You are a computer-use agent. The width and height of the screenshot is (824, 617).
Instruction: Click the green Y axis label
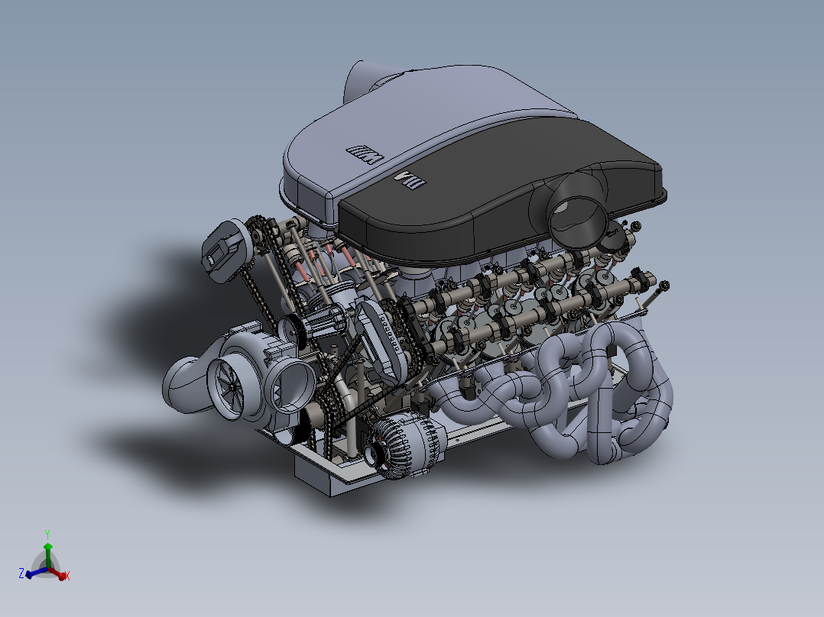tap(47, 535)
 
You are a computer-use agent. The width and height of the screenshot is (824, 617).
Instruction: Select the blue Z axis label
tap(21, 573)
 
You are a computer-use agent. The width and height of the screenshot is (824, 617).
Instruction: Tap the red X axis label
tap(67, 576)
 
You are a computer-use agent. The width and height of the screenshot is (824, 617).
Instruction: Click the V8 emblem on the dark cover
tap(408, 181)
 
